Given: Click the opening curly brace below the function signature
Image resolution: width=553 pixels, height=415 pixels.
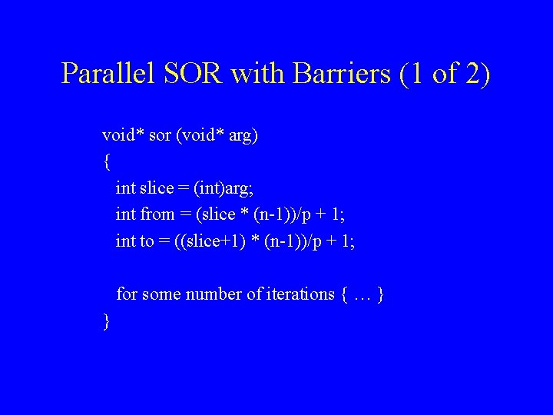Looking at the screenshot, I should pyautogui.click(x=106, y=162).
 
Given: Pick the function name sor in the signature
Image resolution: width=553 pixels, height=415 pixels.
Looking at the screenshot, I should pyautogui.click(x=160, y=136).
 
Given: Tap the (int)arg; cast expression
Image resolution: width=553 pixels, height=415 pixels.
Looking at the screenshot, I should pyautogui.click(x=231, y=188).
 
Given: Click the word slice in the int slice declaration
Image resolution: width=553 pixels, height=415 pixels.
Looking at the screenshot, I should pyautogui.click(x=157, y=188).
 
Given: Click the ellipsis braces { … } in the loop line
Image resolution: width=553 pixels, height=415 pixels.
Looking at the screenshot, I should pyautogui.click(x=361, y=294).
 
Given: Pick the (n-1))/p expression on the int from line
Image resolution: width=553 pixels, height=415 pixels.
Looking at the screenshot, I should pyautogui.click(x=273, y=214).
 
